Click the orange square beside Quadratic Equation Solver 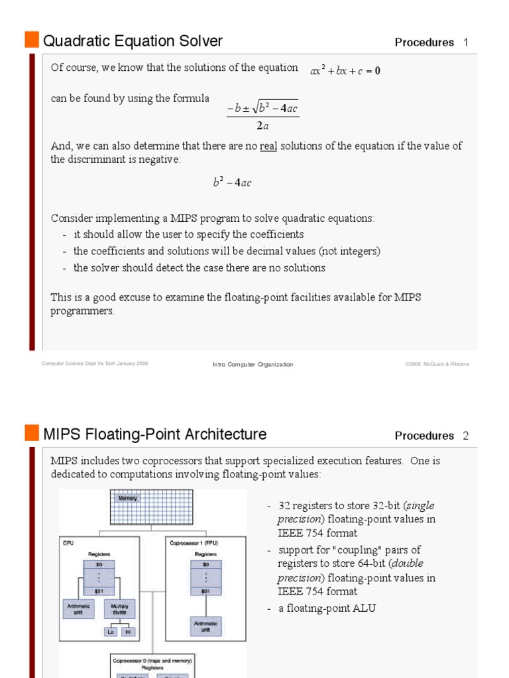pyautogui.click(x=32, y=40)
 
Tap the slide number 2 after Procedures pyautogui.click(x=466, y=436)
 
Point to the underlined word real pyautogui.click(x=268, y=146)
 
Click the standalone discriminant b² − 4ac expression pyautogui.click(x=232, y=183)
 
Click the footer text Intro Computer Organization pyautogui.click(x=253, y=364)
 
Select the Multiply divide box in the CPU pyautogui.click(x=120, y=608)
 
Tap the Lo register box pyautogui.click(x=111, y=632)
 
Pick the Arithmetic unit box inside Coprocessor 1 pyautogui.click(x=205, y=626)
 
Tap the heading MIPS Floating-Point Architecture pyautogui.click(x=155, y=434)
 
